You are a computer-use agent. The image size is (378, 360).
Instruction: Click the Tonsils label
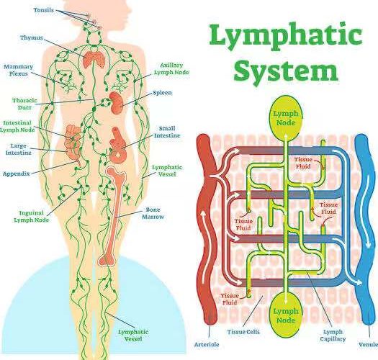(44, 10)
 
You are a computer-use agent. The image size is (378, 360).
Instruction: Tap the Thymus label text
(32, 38)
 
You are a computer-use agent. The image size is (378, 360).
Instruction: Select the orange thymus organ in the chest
(94, 60)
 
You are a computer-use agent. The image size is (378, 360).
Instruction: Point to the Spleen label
(163, 93)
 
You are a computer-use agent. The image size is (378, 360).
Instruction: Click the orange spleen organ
(117, 102)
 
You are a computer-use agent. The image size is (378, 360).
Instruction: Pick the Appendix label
(17, 174)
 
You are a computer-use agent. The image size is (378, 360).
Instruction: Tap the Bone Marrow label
(153, 213)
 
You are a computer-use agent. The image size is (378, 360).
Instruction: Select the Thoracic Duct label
(24, 104)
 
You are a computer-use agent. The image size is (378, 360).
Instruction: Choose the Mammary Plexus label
(18, 70)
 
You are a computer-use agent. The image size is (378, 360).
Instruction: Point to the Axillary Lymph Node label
(171, 68)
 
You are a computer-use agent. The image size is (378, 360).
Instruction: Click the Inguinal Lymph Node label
(32, 216)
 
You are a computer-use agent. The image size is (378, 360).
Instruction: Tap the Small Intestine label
(167, 132)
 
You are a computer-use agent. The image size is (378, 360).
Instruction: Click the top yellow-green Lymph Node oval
(286, 118)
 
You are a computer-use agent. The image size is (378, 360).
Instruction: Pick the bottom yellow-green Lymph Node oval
(286, 315)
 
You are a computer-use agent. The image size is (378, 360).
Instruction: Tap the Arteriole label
(207, 345)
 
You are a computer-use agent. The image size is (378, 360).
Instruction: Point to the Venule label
(368, 345)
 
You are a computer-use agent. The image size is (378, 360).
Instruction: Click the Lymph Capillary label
(333, 336)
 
